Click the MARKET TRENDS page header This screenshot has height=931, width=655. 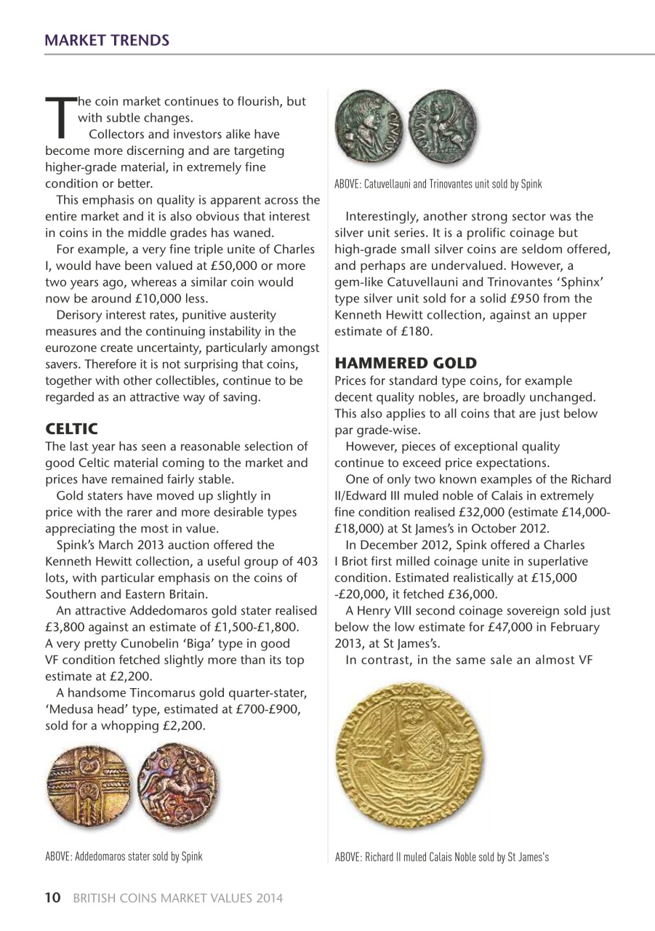[x=107, y=39]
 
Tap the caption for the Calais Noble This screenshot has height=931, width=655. [x=441, y=857]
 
